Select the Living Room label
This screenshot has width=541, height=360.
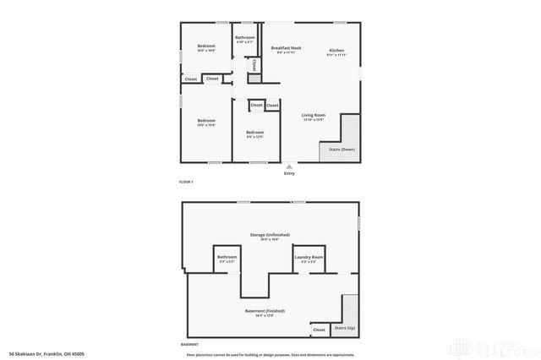[x=314, y=114]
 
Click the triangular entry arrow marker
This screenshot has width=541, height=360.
[x=289, y=166]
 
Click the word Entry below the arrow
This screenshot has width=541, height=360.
[x=289, y=174]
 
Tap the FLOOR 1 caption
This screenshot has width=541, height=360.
[x=186, y=183]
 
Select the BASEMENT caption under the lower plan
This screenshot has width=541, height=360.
[x=189, y=345]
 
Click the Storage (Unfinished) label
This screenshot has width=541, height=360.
[x=269, y=234]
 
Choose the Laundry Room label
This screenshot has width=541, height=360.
[x=309, y=257]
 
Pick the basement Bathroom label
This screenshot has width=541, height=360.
[x=227, y=257]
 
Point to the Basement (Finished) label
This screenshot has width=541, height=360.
[x=265, y=310]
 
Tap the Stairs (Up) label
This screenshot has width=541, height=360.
[x=344, y=327]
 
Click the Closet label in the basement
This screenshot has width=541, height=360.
[x=319, y=330]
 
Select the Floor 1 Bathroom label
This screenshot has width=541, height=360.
[x=245, y=37]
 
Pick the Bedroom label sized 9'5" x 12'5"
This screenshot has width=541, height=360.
[x=255, y=132]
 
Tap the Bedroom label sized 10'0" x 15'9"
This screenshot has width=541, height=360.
[x=207, y=121]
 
